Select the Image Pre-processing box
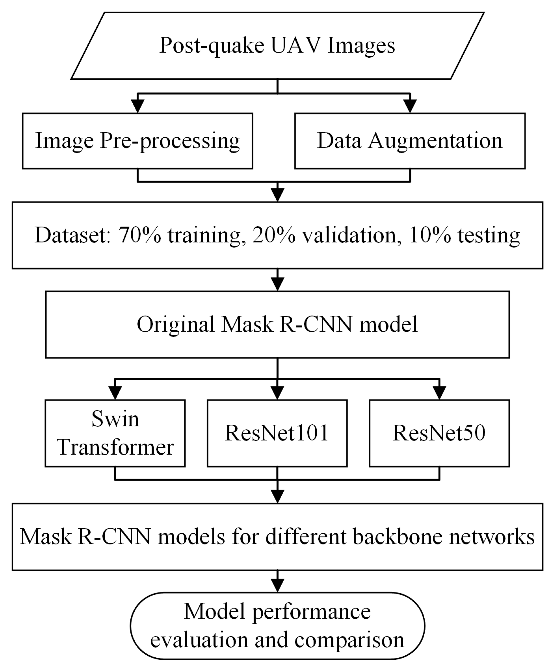(x=137, y=141)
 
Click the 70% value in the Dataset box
(x=140, y=235)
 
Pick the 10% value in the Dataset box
(x=430, y=235)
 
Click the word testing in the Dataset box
(x=489, y=235)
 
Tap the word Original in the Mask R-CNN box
(x=176, y=325)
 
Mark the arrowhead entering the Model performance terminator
(x=277, y=586)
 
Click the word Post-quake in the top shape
(x=212, y=45)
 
